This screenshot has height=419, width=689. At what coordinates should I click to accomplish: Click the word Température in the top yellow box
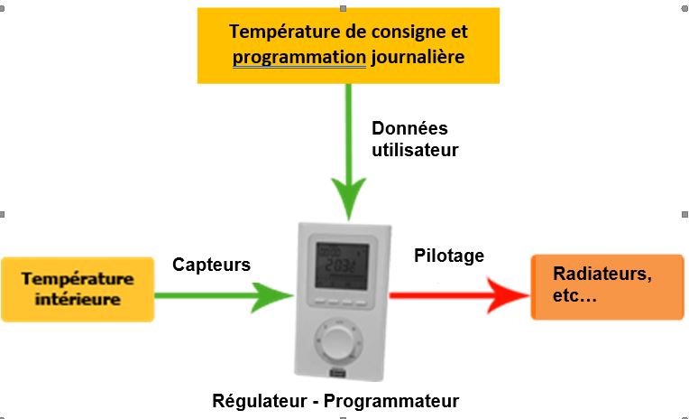click(x=284, y=33)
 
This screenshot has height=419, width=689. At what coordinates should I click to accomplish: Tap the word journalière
click(x=417, y=58)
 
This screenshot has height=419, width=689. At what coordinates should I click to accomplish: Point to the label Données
click(x=409, y=128)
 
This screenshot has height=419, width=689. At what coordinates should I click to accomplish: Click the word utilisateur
click(x=415, y=151)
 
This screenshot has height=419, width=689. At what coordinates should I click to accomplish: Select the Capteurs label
click(x=212, y=264)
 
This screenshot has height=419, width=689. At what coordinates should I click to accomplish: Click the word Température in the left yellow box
click(x=78, y=278)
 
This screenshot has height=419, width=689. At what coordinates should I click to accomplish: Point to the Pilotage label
click(x=449, y=256)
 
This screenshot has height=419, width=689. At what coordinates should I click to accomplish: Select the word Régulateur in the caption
click(x=257, y=401)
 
